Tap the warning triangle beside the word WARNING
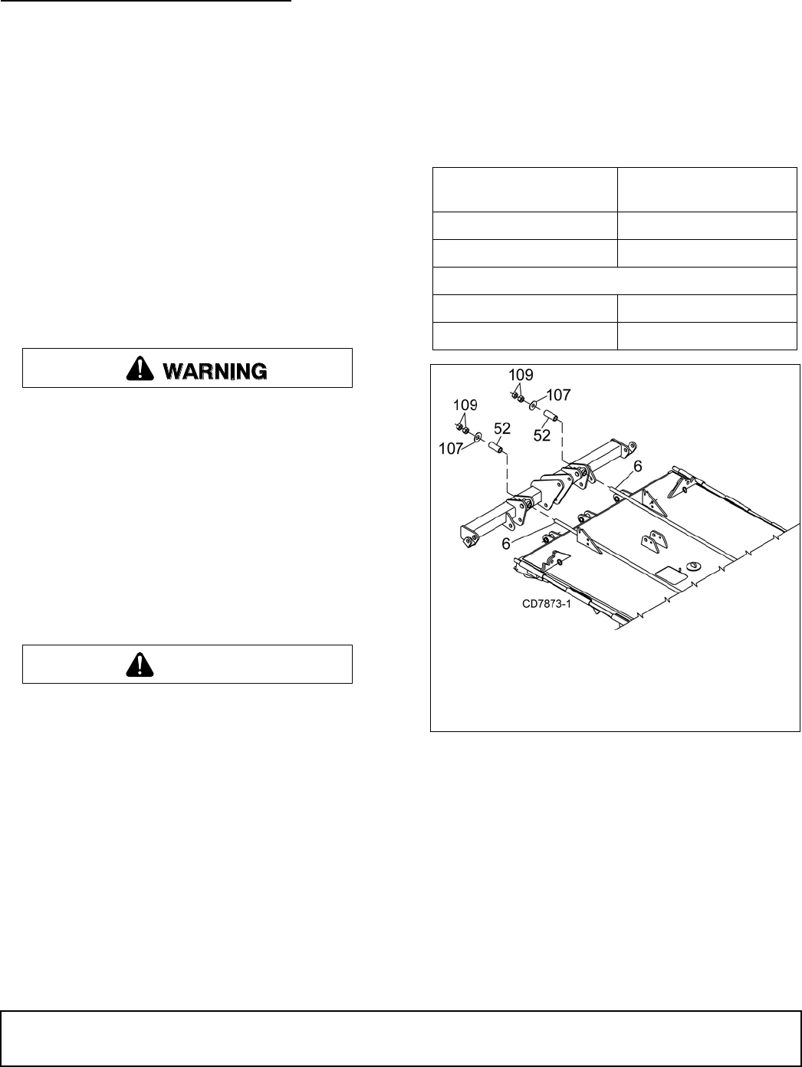click(140, 369)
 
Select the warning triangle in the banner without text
click(140, 665)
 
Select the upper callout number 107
click(558, 395)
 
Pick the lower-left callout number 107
click(451, 448)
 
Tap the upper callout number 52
click(542, 435)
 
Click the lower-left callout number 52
click(503, 428)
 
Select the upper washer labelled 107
click(534, 404)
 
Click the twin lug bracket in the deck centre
click(654, 540)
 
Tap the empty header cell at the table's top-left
click(524, 189)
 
